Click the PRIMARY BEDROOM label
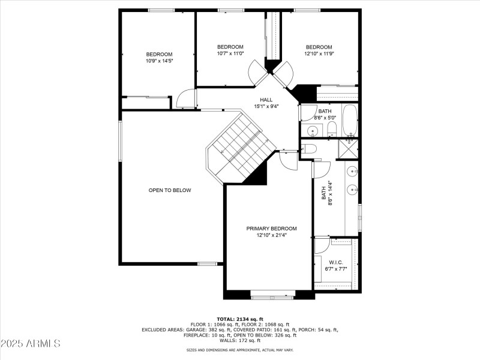tap(271, 229)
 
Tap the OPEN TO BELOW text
tap(170, 190)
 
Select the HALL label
tap(266, 100)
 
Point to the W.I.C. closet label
tap(335, 262)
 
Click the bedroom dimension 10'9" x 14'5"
tap(159, 61)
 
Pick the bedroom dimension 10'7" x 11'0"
tap(230, 53)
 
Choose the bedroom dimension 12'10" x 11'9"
tap(319, 53)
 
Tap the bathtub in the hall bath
tap(350, 121)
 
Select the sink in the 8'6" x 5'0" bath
tap(312, 130)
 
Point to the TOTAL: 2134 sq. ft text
tap(240, 319)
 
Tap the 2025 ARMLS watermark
tap(31, 344)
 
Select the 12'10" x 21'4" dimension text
tap(271, 235)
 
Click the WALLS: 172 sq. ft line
tap(240, 340)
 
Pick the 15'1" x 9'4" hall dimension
tap(266, 107)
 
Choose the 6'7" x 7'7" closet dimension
tap(335, 269)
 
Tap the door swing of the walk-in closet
tap(322, 245)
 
